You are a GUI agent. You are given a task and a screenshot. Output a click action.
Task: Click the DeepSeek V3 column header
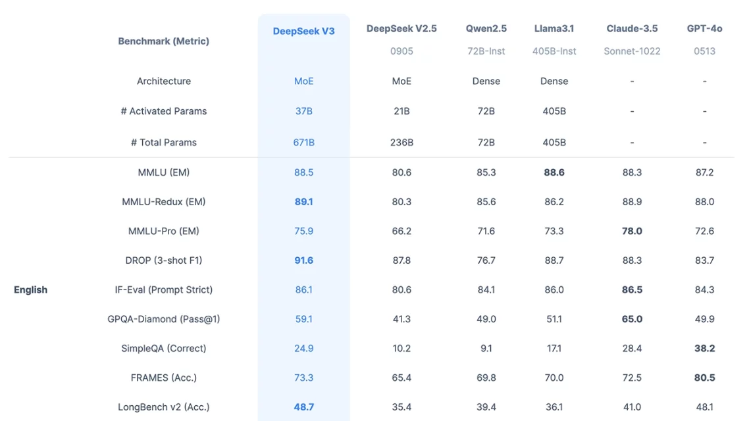tap(303, 31)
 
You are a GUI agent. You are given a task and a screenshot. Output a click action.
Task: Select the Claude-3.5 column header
tap(632, 28)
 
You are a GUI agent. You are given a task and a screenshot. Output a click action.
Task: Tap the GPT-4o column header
tap(704, 28)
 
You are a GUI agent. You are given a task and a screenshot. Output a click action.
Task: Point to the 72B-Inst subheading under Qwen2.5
tap(486, 51)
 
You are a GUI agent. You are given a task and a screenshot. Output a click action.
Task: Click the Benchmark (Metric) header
tap(163, 41)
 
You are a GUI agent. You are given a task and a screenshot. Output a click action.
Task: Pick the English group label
tap(30, 289)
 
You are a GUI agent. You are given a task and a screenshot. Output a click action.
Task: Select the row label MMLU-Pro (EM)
tap(163, 231)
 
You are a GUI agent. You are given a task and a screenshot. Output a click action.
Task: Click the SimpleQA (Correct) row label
tap(163, 348)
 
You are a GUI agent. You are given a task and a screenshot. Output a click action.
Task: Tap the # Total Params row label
tap(163, 142)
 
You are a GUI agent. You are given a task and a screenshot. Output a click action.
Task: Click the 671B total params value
tap(303, 142)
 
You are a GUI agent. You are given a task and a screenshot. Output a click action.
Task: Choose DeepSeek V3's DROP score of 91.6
tap(303, 260)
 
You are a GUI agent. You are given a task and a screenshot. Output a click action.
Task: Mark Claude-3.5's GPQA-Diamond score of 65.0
tap(632, 319)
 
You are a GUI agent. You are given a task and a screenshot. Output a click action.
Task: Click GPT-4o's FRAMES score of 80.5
tap(704, 378)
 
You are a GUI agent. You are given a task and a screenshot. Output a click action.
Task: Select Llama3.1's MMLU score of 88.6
tap(554, 172)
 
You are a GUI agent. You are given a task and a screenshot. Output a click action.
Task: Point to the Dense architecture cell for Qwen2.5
tap(486, 81)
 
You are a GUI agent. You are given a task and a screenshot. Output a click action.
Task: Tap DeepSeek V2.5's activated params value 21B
tap(401, 111)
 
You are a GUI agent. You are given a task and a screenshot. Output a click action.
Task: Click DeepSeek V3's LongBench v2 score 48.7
tap(303, 407)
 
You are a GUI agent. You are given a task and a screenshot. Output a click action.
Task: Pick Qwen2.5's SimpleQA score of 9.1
tap(486, 348)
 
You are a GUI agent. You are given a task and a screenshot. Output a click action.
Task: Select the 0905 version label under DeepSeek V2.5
tap(401, 51)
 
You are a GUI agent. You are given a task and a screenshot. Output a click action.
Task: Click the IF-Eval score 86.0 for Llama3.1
tap(554, 289)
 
